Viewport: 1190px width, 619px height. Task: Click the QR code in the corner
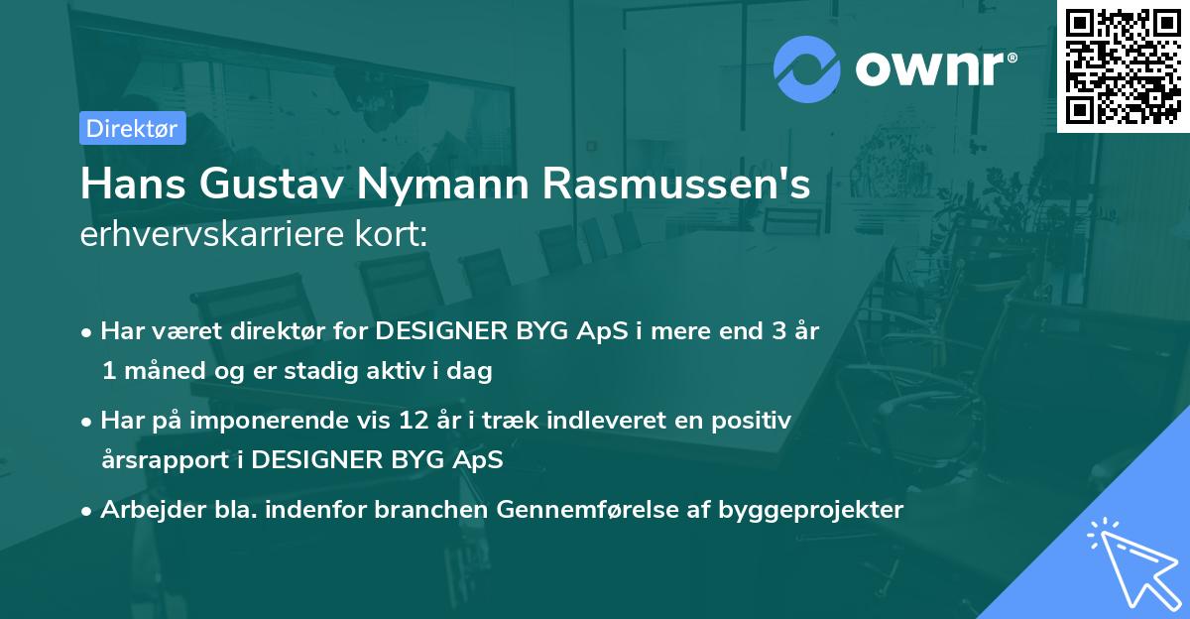[x=1123, y=66]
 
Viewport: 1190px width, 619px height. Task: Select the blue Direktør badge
[x=131, y=128]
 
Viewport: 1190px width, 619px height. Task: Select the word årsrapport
[x=158, y=461]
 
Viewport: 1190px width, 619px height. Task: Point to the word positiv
[x=754, y=421]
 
